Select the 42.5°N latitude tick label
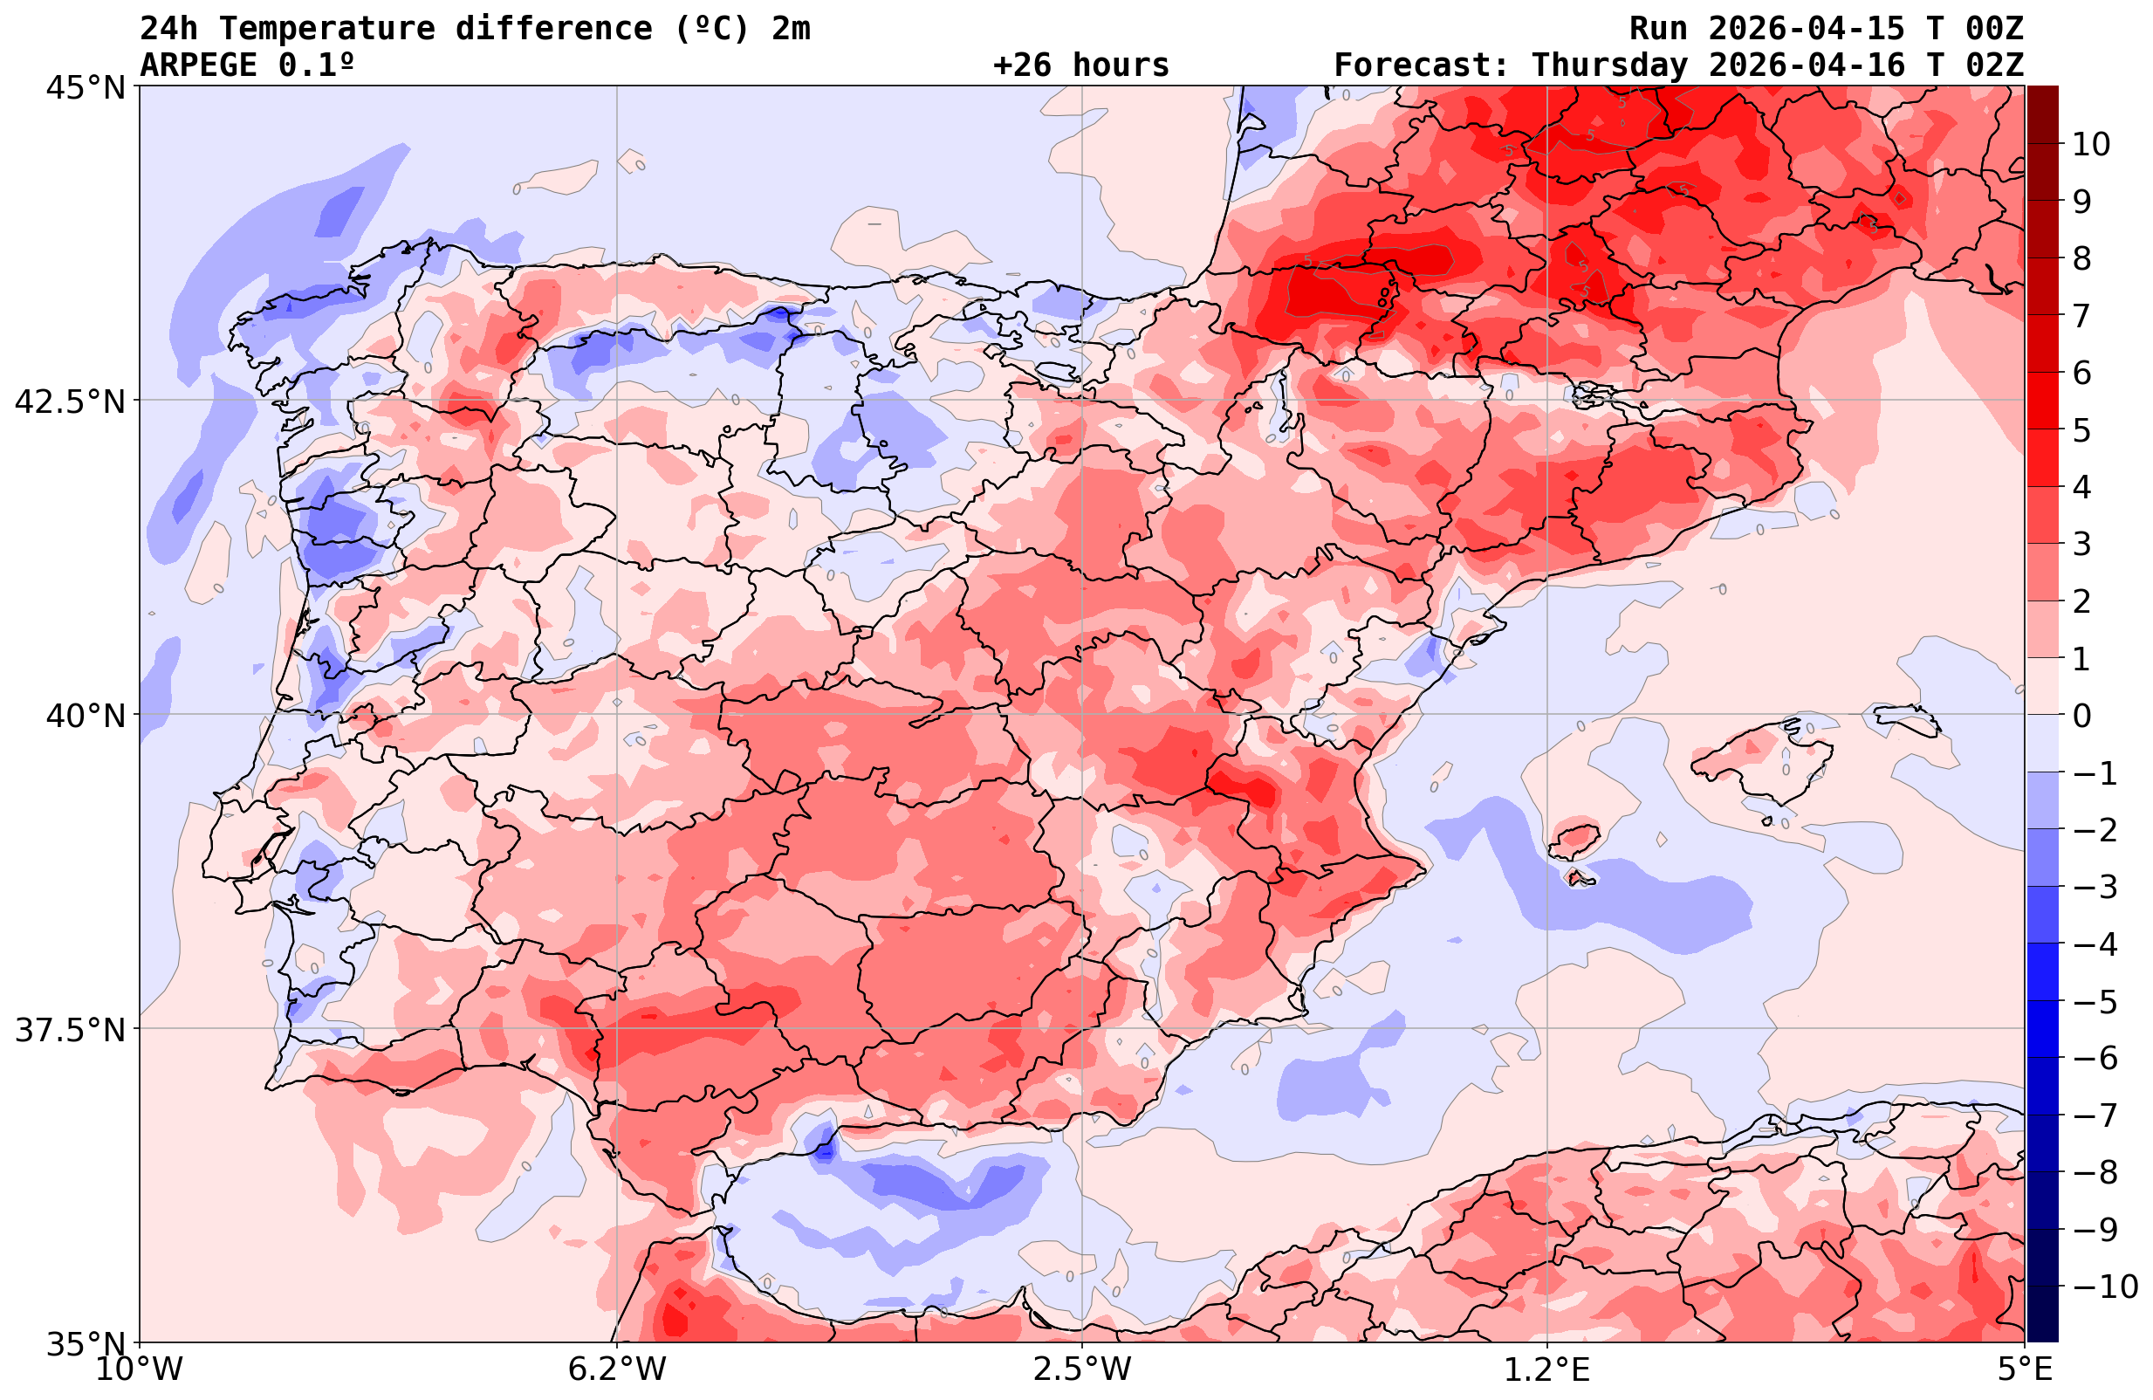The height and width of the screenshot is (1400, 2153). coord(69,401)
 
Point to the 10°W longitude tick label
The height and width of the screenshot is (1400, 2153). coord(140,1369)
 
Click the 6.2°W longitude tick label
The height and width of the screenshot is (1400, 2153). coord(617,1369)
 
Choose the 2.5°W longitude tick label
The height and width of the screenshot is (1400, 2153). coord(1082,1369)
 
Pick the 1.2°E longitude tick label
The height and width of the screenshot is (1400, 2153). coord(1547,1369)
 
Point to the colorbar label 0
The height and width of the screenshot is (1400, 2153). coord(2081,716)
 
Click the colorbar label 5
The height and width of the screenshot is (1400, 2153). coord(2081,431)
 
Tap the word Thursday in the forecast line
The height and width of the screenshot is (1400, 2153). coord(1609,65)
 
